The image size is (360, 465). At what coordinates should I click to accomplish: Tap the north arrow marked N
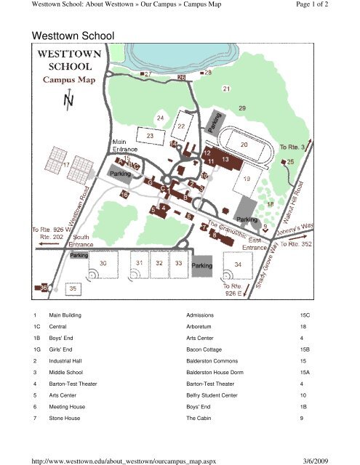tap(68, 102)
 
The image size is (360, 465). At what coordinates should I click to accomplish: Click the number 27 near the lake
tap(148, 74)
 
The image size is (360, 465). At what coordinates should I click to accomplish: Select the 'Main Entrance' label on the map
tap(126, 145)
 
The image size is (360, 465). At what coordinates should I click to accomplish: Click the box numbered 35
tap(73, 288)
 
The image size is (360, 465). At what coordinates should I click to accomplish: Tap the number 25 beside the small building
tap(290, 161)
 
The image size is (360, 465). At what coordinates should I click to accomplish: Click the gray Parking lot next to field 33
tap(201, 267)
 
